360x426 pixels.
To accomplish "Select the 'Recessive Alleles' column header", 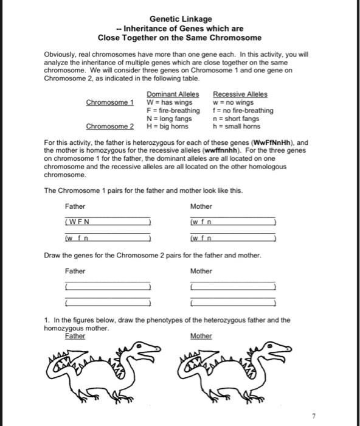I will pos(240,94).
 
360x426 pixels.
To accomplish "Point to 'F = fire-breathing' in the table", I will pos(173,110).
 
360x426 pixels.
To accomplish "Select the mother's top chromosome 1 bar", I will pos(232,221).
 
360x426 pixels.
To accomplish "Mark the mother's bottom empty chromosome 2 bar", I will pos(232,302).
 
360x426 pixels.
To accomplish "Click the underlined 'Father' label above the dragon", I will pos(75,336).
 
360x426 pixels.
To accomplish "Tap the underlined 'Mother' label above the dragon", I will pos(201,336).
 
